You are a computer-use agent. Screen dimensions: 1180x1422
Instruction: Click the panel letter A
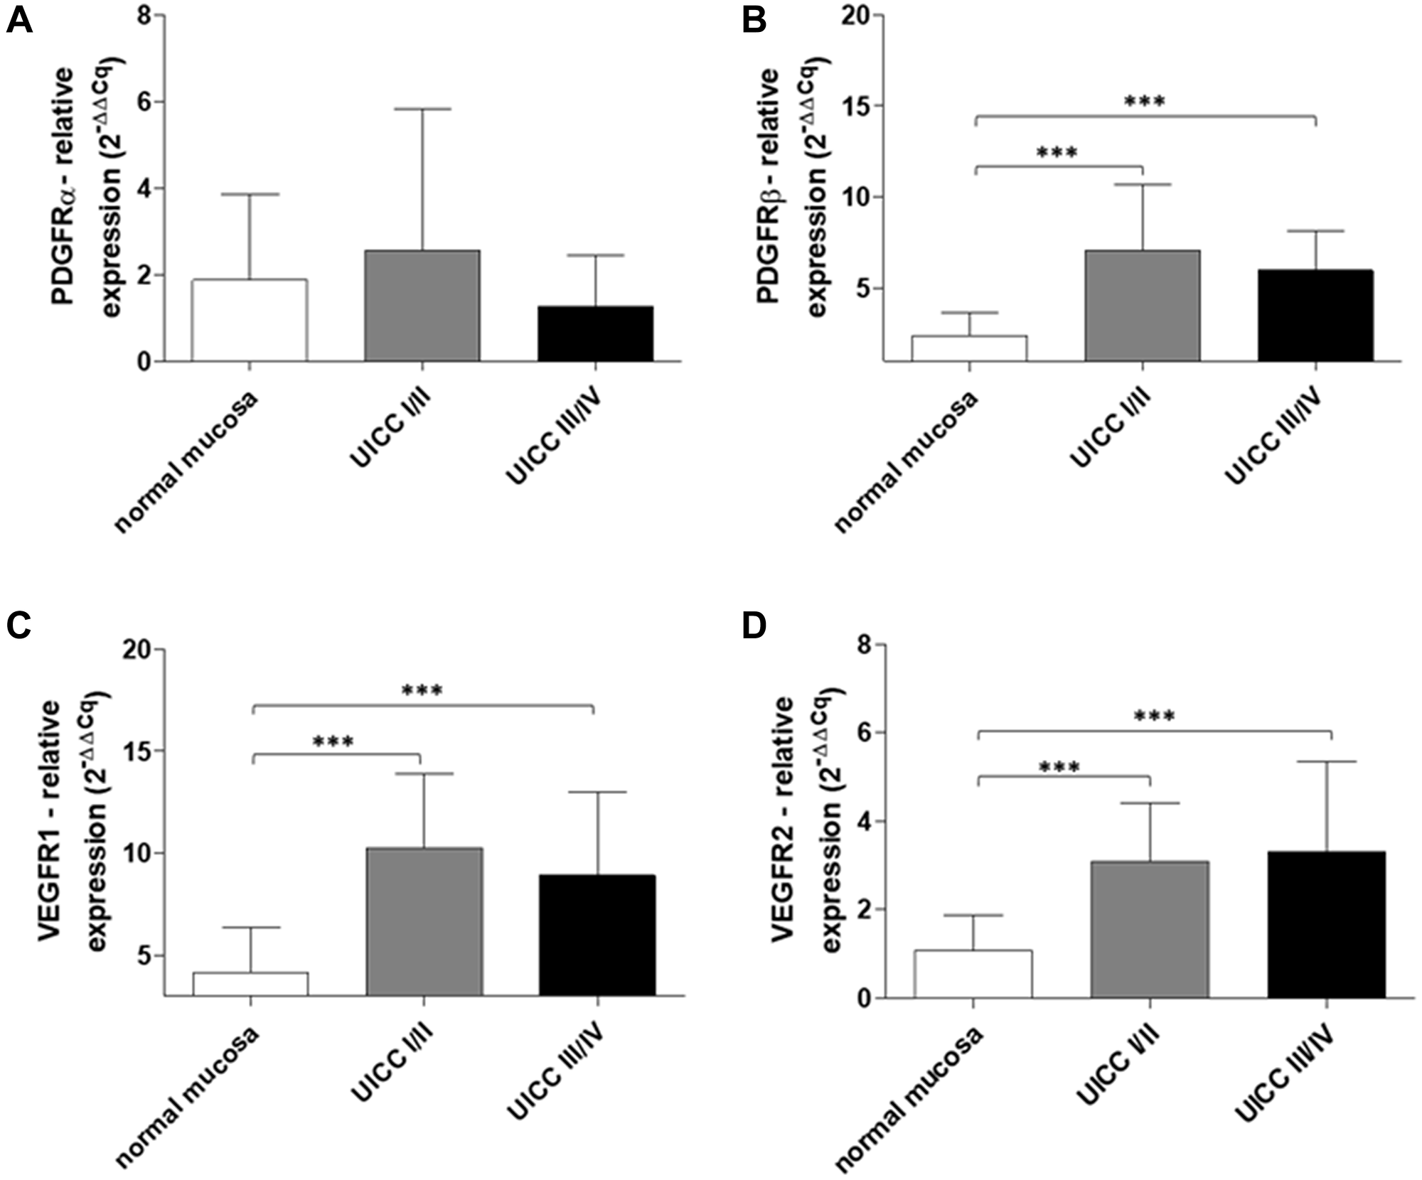click(19, 21)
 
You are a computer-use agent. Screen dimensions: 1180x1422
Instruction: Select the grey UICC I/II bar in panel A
click(422, 306)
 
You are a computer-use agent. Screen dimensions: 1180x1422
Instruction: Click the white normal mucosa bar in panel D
click(973, 974)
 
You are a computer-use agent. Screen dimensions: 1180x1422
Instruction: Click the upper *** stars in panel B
click(1145, 102)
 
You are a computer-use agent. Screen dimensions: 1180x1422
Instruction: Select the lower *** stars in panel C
click(333, 742)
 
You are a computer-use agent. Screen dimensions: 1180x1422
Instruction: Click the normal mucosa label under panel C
click(188, 1098)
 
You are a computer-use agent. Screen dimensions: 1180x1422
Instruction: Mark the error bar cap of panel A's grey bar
click(422, 109)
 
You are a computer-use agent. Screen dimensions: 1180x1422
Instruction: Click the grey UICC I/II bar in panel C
click(424, 921)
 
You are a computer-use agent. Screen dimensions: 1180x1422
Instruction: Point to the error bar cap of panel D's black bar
click(1327, 761)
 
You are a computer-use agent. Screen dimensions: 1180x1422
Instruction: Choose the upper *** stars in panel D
click(1154, 716)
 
